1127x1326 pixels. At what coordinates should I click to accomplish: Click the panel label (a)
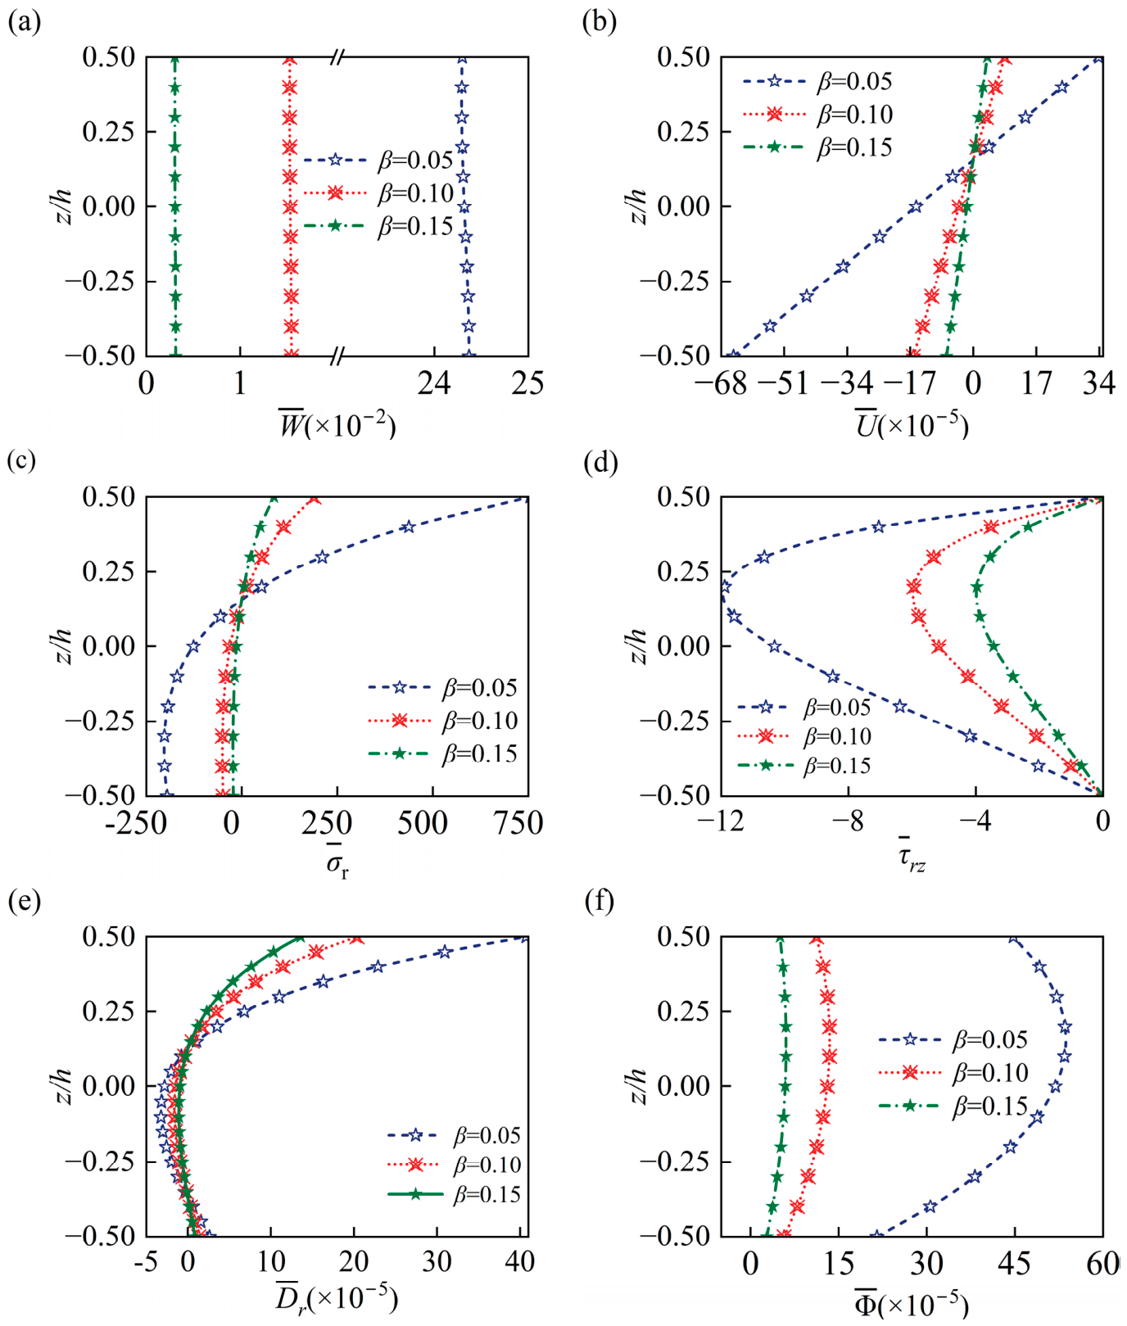(x=24, y=22)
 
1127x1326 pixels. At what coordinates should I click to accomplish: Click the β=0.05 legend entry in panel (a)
(x=378, y=160)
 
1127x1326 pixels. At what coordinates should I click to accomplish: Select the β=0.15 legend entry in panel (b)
(x=817, y=147)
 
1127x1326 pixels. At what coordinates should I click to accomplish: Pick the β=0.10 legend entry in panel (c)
(x=443, y=721)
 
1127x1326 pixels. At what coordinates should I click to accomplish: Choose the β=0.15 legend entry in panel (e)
(x=455, y=1194)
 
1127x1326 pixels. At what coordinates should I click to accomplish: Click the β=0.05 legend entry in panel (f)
(x=953, y=1039)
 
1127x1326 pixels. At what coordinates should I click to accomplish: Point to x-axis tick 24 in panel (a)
(x=433, y=382)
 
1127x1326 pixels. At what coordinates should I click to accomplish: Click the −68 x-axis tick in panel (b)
(x=721, y=382)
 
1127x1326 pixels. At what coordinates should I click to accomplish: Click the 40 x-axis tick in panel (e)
(x=519, y=1261)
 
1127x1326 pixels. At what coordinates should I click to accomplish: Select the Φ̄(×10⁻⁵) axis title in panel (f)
(x=911, y=1301)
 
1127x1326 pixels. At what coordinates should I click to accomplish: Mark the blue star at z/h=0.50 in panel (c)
(x=526, y=497)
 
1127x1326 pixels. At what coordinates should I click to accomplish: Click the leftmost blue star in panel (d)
(x=724, y=586)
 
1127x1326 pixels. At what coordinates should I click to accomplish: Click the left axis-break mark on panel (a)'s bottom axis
(x=337, y=355)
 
